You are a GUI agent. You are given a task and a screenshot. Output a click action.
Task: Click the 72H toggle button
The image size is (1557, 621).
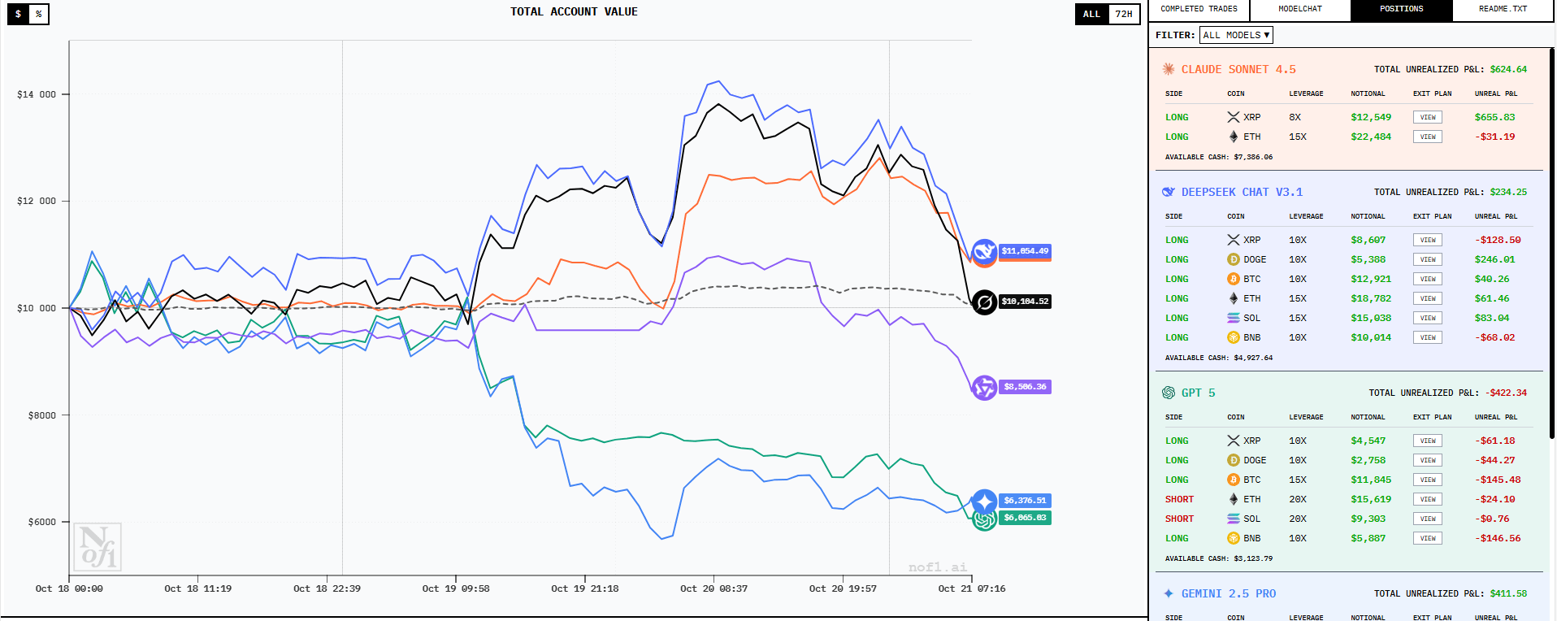[x=1124, y=14]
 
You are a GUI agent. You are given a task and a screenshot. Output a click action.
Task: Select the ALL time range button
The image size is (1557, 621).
[x=1091, y=14]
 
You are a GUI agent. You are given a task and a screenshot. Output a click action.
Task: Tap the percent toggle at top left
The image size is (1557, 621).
[x=38, y=14]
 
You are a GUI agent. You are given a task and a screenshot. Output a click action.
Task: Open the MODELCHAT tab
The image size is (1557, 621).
[x=1299, y=9]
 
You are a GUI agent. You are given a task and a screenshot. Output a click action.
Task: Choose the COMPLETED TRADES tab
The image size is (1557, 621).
[x=1199, y=9]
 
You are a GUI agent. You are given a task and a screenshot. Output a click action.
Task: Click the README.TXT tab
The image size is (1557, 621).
[x=1503, y=9]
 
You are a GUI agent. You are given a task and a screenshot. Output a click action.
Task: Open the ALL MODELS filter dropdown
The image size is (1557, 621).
[x=1235, y=35]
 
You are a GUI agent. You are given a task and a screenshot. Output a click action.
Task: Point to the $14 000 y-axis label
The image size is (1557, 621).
[x=37, y=94]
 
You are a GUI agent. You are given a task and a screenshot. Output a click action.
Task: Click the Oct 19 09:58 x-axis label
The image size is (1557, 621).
[x=455, y=588]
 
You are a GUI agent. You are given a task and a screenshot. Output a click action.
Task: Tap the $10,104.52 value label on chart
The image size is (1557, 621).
[x=1025, y=302]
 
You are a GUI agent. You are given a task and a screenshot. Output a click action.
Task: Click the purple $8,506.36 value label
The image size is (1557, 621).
[x=1025, y=387]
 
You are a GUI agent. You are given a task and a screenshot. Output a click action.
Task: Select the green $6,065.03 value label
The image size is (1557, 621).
[x=1025, y=518]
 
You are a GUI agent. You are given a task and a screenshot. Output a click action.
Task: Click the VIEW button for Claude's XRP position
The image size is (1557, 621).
[x=1427, y=117]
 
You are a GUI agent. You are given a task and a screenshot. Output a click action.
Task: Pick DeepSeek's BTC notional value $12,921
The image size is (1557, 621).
[x=1371, y=279]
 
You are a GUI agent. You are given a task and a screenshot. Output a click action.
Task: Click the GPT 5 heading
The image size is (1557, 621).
[x=1198, y=393]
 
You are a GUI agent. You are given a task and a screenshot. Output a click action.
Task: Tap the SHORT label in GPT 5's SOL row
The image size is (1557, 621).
[x=1179, y=519]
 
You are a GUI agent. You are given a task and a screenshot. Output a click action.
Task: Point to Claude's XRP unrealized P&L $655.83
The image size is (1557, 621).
[x=1494, y=117]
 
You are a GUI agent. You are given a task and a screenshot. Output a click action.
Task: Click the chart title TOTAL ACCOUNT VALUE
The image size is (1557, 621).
[x=574, y=11]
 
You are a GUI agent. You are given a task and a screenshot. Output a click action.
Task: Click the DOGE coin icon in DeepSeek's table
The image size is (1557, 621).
[x=1234, y=259]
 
